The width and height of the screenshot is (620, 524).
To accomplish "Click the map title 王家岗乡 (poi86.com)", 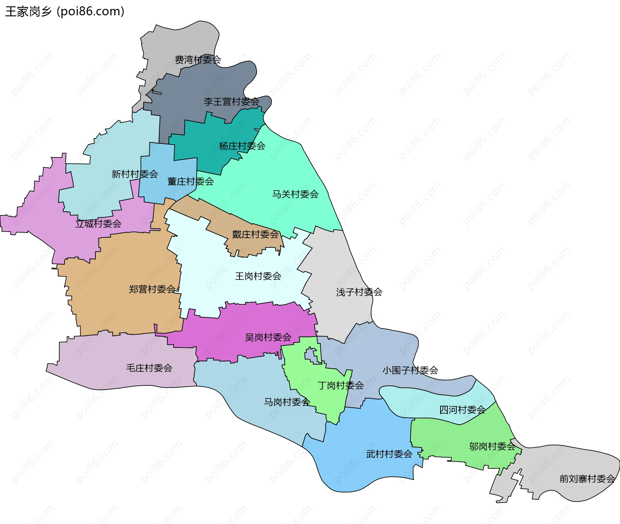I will tap(65, 12).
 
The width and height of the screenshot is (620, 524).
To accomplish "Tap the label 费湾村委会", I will tap(198, 60).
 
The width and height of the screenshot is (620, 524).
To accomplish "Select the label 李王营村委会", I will tap(231, 102).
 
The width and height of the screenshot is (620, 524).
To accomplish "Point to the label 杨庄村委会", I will tap(242, 146).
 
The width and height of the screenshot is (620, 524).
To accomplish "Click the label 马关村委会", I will tap(295, 194).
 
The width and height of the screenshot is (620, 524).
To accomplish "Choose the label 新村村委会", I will tap(135, 174).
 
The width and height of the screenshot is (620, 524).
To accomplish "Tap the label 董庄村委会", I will tap(191, 182).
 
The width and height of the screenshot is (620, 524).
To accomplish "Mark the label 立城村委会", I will tap(98, 224).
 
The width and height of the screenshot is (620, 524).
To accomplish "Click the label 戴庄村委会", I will tap(255, 234).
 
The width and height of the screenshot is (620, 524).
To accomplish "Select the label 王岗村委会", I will tap(258, 276).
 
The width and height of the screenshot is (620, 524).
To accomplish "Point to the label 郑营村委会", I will tap(152, 289).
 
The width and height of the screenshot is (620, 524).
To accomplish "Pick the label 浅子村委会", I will tap(359, 292).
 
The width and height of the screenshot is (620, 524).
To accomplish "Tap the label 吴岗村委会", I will tap(268, 337).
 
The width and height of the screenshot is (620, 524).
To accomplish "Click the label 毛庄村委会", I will tap(149, 368).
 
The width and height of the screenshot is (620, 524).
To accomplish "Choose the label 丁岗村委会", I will tap(340, 385).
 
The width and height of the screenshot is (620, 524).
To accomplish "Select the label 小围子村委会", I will tap(410, 370).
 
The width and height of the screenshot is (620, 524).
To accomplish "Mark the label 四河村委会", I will tap(462, 410).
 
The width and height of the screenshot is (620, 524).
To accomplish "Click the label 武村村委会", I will tap(389, 454).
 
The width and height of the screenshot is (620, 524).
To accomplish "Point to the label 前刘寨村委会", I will tap(587, 478).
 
